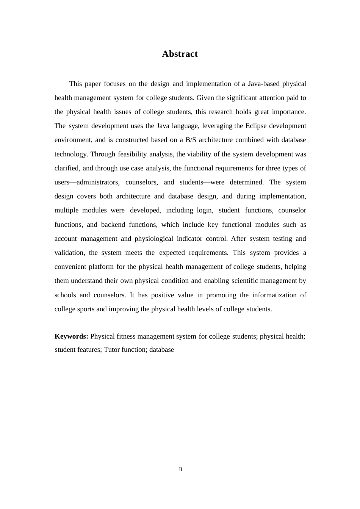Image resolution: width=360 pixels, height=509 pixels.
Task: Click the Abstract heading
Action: click(x=180, y=54)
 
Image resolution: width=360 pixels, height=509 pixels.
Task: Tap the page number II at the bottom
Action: click(x=181, y=469)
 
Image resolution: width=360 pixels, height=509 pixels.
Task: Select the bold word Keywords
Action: click(x=71, y=336)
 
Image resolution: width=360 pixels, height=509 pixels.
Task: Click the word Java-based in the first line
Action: click(x=264, y=84)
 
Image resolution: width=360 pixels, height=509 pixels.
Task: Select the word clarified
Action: click(x=67, y=168)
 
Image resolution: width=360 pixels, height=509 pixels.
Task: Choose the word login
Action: click(x=205, y=210)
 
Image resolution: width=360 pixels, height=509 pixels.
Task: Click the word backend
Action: click(x=113, y=225)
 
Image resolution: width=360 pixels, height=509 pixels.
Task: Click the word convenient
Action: click(x=70, y=267)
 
